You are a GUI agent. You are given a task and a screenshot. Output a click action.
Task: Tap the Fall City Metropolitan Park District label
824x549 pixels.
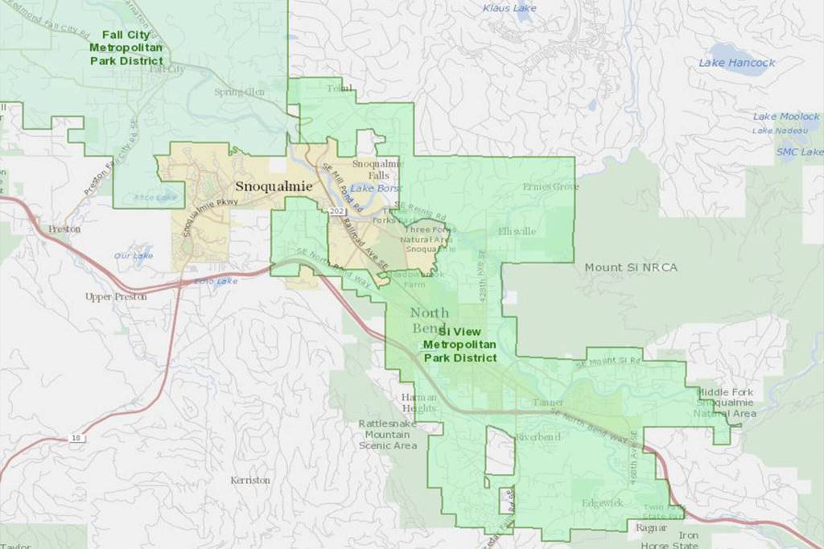(x=126, y=47)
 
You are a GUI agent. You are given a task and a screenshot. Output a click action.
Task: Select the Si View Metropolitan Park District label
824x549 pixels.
(x=459, y=344)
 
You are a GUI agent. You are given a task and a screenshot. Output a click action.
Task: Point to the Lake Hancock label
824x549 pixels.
(x=736, y=63)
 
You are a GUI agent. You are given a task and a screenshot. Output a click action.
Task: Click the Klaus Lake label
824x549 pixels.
(x=509, y=8)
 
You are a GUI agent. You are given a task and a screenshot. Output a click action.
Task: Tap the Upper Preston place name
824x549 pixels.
(x=116, y=296)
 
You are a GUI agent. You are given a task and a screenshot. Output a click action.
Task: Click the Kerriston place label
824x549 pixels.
(x=250, y=480)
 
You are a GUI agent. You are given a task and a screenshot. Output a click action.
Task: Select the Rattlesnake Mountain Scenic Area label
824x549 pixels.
(x=389, y=434)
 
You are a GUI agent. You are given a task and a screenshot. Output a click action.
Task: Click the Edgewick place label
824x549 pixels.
(x=603, y=503)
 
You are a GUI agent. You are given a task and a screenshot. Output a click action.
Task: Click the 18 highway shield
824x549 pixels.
(x=75, y=438)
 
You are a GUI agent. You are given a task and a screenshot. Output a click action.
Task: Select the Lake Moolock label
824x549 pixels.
(x=786, y=117)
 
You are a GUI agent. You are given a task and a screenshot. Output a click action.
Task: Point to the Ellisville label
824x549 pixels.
(x=517, y=231)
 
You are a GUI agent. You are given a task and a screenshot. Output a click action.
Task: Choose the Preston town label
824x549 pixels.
(x=64, y=229)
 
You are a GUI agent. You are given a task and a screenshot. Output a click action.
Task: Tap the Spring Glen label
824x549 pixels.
(x=239, y=92)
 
